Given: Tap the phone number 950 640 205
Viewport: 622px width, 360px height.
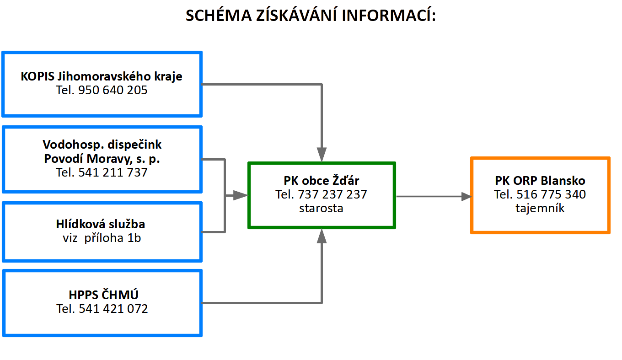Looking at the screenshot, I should coord(113,90).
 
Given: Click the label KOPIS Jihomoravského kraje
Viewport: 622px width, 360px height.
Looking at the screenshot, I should coord(102,76).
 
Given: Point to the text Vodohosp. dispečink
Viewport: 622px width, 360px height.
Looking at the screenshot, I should coord(102,145).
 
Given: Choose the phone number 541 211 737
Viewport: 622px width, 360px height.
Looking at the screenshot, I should coord(113,173).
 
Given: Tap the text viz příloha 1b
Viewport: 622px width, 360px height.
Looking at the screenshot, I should coord(102,238).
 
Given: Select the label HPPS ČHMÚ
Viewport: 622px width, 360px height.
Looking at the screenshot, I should coord(102,294).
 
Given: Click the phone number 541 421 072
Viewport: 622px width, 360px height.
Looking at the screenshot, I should coord(113,309).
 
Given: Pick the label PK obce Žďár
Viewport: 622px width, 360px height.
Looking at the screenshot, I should coord(322,181).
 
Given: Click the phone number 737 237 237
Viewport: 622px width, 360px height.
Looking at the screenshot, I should coord(332,194).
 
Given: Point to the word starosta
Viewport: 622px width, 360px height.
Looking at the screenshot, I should coord(322,208).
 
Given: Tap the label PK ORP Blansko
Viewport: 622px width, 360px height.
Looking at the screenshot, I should coord(540,181).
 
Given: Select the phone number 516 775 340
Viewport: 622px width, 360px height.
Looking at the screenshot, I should coord(551,194).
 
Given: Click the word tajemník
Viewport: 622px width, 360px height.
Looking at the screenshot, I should coord(540,208).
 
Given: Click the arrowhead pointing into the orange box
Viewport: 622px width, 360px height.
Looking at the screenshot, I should coord(466,197).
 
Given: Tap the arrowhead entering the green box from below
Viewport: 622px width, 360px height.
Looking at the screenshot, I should coord(322,236).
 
